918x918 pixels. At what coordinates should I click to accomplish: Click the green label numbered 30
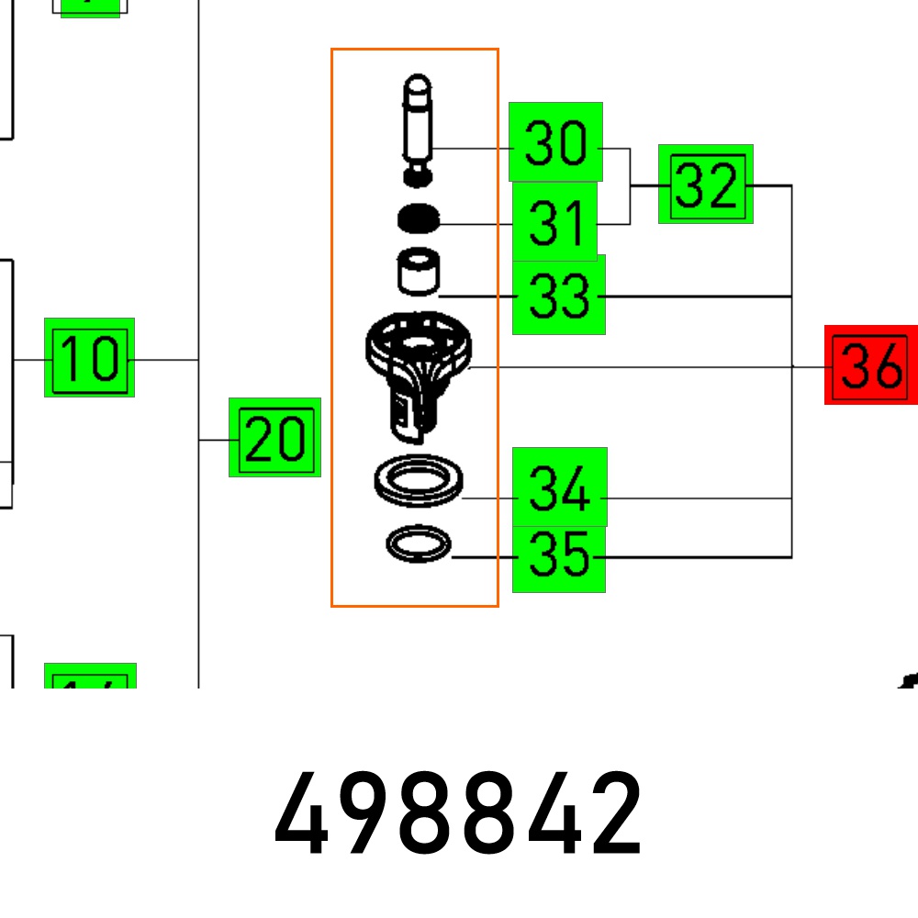[x=555, y=142]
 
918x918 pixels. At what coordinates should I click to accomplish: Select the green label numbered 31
[x=555, y=222]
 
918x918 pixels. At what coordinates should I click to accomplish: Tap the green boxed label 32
[x=706, y=185]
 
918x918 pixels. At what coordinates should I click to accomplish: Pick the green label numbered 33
[x=558, y=296]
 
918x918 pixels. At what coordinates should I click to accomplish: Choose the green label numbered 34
[x=559, y=487]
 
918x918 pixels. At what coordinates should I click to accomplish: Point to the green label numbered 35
[x=559, y=557]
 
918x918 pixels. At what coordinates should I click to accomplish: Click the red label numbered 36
[x=870, y=365]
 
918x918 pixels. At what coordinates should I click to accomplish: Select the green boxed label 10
[x=89, y=357]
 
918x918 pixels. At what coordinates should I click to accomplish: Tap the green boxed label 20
[x=274, y=438]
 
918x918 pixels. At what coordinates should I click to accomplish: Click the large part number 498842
[x=459, y=814]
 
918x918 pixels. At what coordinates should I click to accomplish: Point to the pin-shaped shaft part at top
[x=418, y=124]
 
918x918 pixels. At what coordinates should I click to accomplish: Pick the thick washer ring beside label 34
[x=419, y=481]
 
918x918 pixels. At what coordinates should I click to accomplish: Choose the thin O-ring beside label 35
[x=419, y=544]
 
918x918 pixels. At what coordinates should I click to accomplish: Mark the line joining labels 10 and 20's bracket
[x=166, y=359]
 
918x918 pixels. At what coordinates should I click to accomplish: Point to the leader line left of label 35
[x=483, y=557]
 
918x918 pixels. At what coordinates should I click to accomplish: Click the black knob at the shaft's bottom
[x=419, y=174]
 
